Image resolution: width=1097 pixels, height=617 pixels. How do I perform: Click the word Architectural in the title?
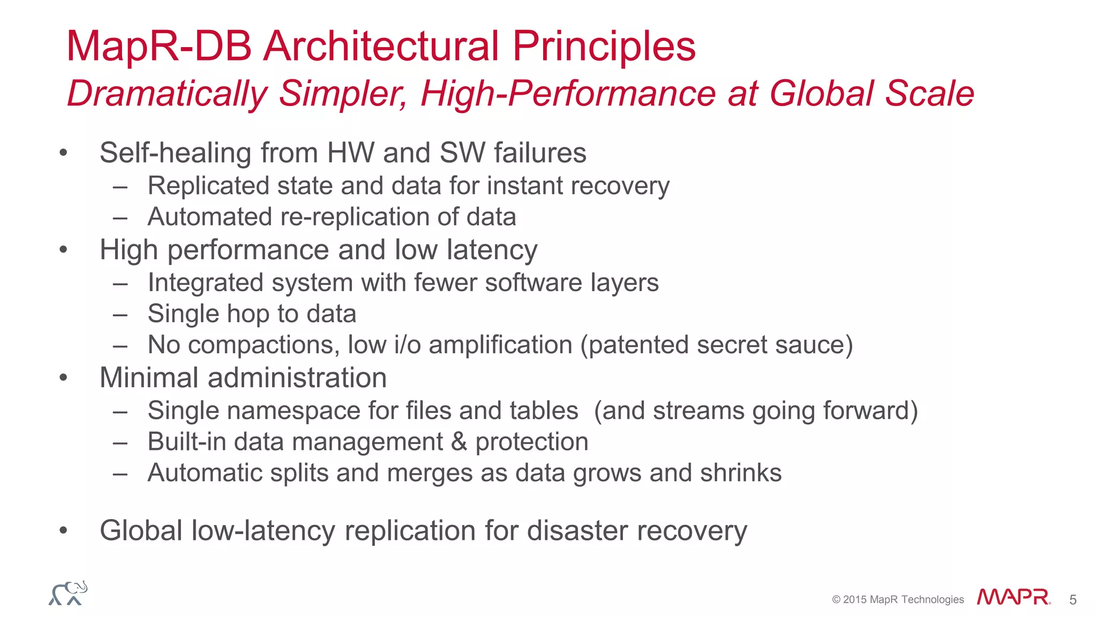tap(381, 46)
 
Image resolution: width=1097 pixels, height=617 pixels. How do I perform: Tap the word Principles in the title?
tap(604, 46)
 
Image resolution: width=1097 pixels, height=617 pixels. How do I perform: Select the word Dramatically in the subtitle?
tap(167, 94)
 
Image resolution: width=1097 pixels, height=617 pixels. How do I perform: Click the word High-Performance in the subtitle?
tap(568, 94)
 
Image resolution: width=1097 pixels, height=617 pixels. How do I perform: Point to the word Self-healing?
tap(175, 153)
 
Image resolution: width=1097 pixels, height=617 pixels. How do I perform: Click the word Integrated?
tap(205, 283)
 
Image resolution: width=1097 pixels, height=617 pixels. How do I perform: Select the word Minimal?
tap(149, 378)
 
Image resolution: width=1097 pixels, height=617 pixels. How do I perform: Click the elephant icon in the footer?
tap(68, 593)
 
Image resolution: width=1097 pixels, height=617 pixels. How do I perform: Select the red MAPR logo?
tap(1013, 597)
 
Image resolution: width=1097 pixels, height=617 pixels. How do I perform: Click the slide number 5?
tap(1072, 600)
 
